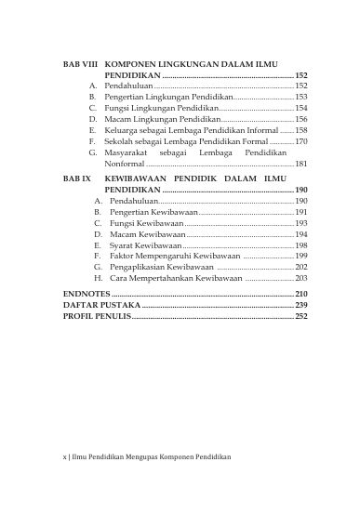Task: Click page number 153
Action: pos(301,96)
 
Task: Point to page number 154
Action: pos(301,108)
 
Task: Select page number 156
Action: pos(301,120)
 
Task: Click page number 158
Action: pos(301,132)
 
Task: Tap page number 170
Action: pos(301,141)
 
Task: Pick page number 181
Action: pos(301,165)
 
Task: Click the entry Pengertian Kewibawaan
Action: pos(152,212)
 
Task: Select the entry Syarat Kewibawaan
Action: pos(145,245)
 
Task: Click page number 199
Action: pos(301,256)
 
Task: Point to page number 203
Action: pos(301,278)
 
